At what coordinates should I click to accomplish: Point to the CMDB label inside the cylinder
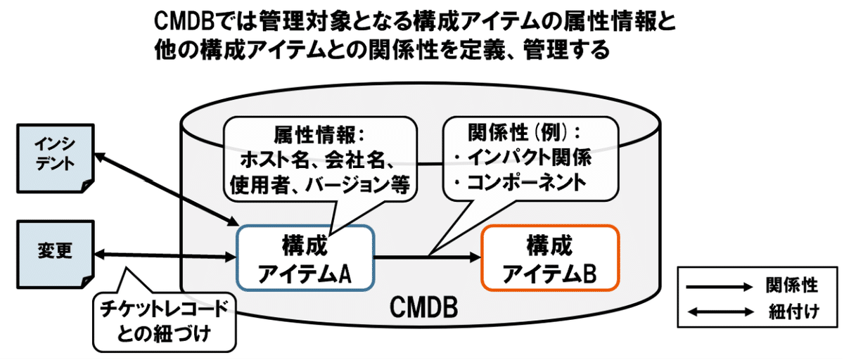pos(423,307)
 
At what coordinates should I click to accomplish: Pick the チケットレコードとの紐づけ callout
pos(165,321)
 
